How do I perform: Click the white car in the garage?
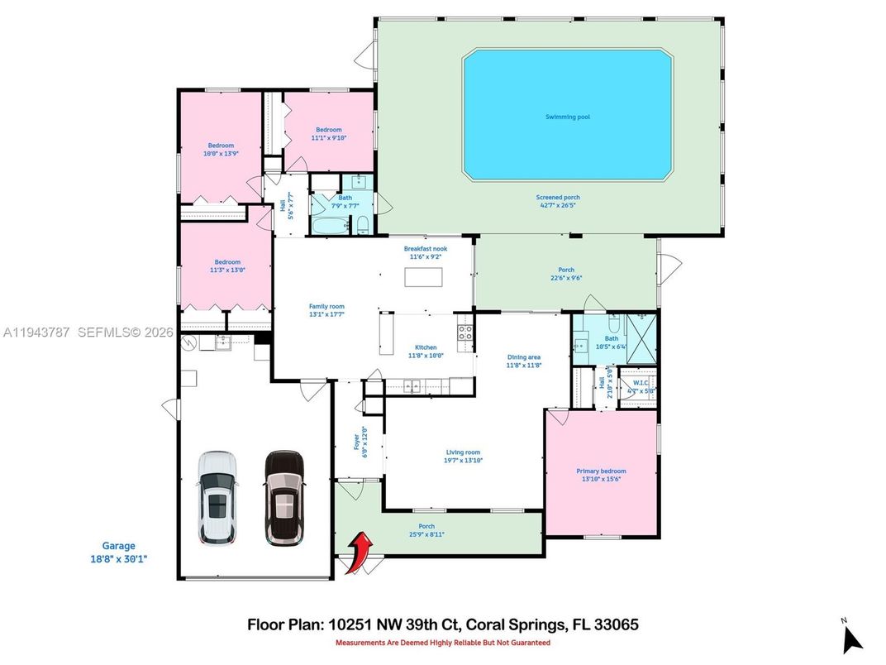click(217, 498)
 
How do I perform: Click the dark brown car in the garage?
click(283, 498)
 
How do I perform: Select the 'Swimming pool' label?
click(567, 117)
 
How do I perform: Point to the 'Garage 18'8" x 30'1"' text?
click(118, 552)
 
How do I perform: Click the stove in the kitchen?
click(465, 333)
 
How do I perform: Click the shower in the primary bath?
click(641, 338)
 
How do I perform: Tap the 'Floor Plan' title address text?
click(442, 624)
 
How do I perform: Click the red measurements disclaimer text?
click(442, 643)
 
